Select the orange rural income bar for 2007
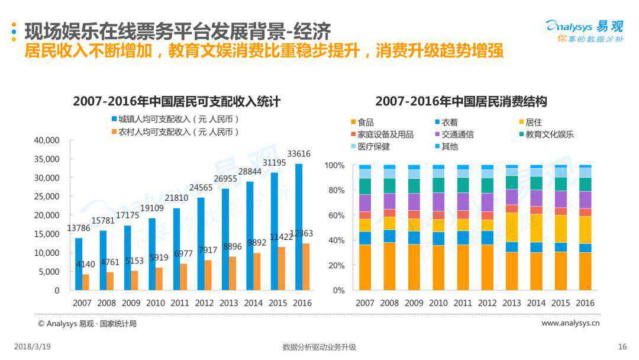[86, 282]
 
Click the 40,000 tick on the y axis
[47, 140]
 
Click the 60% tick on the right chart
[334, 215]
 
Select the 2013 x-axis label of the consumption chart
[512, 303]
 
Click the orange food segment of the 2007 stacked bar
[365, 267]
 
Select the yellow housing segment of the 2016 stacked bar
[585, 230]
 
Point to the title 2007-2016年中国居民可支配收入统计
[176, 101]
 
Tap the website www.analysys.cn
[570, 323]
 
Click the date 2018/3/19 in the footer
[32, 347]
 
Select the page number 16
[622, 347]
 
